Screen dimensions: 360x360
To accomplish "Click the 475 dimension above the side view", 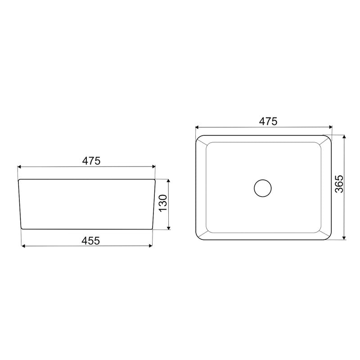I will point(88,161).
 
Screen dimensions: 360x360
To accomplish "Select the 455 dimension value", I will point(88,240).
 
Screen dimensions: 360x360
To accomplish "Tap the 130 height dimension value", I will point(162,203).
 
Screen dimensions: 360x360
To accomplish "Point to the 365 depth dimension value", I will point(339,184).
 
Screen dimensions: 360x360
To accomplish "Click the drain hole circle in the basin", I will point(263,188).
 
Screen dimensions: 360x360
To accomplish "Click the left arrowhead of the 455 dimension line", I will point(23,246).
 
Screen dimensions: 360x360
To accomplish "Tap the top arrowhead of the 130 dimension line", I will point(168,180).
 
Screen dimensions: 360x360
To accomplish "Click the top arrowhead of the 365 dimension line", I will point(344,136).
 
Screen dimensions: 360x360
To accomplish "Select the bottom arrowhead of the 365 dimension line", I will point(344,238).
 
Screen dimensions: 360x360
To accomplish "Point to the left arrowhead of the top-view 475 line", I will point(197,127).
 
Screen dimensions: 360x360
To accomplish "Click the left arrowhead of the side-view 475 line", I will point(19,166).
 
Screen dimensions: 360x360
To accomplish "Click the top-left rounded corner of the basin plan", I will point(198,138).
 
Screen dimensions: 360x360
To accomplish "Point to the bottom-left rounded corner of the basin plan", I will point(198,238).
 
